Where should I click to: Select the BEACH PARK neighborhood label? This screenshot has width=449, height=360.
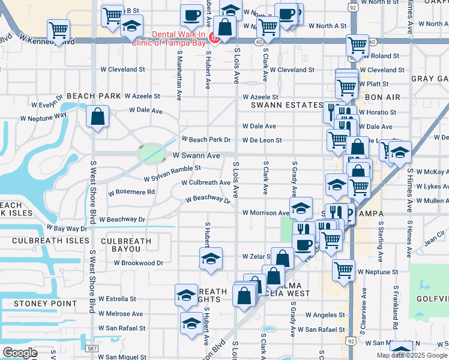(x=94, y=96)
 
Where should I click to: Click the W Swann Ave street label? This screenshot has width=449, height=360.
(x=196, y=155)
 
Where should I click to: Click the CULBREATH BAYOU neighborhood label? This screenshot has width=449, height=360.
(x=126, y=245)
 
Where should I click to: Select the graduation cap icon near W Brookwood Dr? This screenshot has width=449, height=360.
(x=211, y=259)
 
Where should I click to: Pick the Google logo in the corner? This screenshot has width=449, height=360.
(x=20, y=353)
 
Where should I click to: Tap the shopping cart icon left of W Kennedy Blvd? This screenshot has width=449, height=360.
(x=58, y=29)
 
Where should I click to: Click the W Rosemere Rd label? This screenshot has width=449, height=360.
(x=131, y=192)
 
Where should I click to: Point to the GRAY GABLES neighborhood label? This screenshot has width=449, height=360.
(x=430, y=79)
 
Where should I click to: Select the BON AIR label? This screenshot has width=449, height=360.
(x=382, y=97)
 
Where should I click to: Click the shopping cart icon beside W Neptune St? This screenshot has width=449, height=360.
(x=343, y=270)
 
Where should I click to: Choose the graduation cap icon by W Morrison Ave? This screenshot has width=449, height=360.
(x=301, y=208)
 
